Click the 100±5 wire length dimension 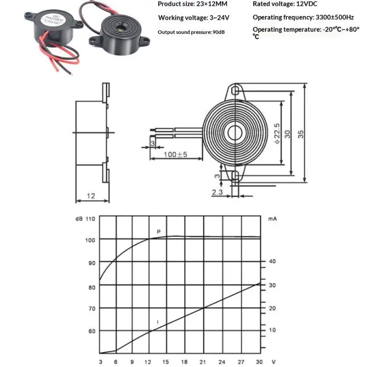(x=176, y=154)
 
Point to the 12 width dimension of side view (x=91, y=196)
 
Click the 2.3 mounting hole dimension (x=217, y=193)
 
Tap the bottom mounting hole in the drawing (x=236, y=176)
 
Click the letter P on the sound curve (x=159, y=232)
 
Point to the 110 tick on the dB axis (x=89, y=219)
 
